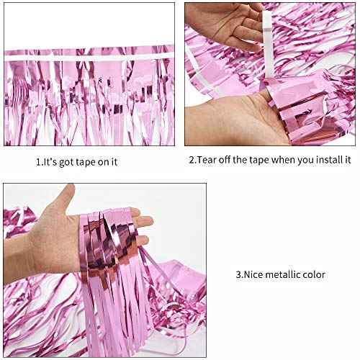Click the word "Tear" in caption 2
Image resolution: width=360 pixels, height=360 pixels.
pyautogui.click(x=207, y=161)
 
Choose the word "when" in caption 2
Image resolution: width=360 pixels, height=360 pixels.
pyautogui.click(x=277, y=160)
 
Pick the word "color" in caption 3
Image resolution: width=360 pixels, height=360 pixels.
pyautogui.click(x=315, y=274)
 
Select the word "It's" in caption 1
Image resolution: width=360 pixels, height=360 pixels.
pyautogui.click(x=53, y=161)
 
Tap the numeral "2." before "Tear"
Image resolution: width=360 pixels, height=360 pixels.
pyautogui.click(x=193, y=160)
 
